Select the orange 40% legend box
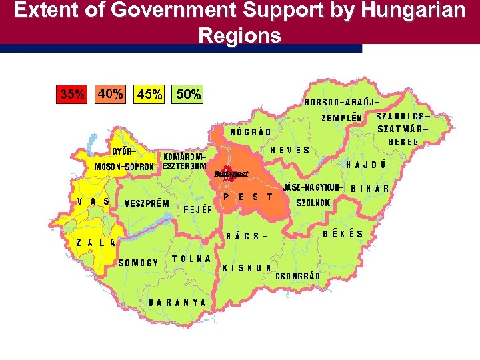[x=110, y=94]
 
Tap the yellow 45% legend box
[x=149, y=95]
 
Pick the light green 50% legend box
[x=188, y=95]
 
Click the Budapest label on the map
[x=231, y=174]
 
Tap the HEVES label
[x=290, y=150]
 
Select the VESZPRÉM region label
[x=147, y=203]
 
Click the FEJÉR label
[x=198, y=209]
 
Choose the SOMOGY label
[x=138, y=263]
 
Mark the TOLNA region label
[x=192, y=258]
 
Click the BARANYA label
[x=177, y=302]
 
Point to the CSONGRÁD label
[x=298, y=276]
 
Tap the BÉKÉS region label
[x=343, y=234]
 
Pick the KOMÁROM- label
[x=185, y=156]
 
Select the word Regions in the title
[x=239, y=35]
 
